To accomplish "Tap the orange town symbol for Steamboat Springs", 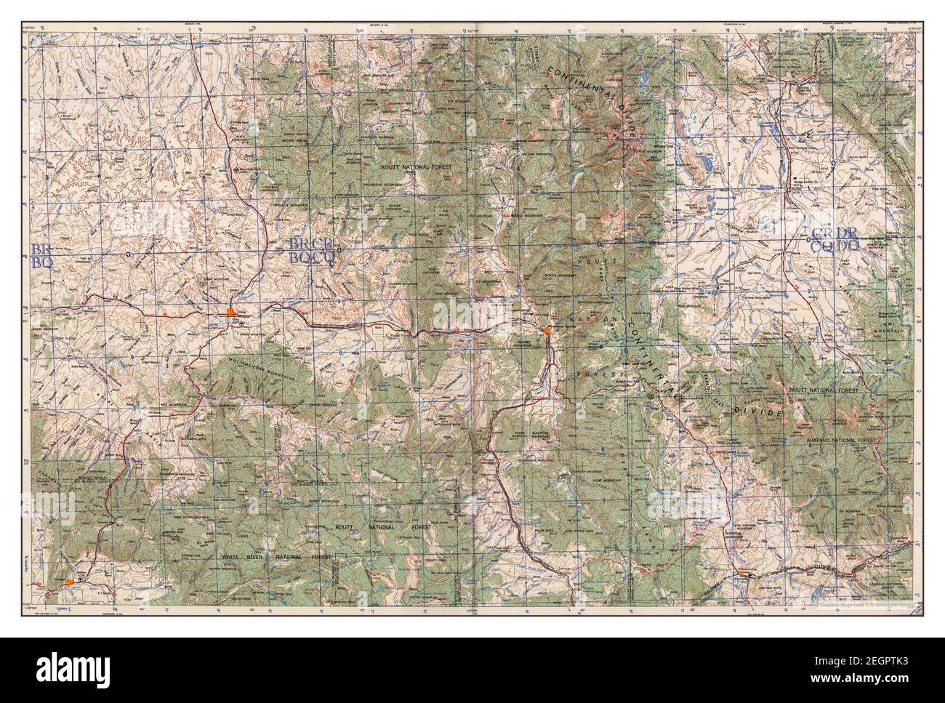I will point(546,332).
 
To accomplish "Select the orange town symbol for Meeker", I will point(68,582).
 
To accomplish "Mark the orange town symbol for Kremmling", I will point(741,574).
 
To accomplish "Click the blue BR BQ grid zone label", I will point(41,256).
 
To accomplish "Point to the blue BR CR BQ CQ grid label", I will point(313,249).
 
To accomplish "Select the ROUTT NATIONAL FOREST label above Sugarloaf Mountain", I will point(417,167).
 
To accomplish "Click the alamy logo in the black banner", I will point(69,670).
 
